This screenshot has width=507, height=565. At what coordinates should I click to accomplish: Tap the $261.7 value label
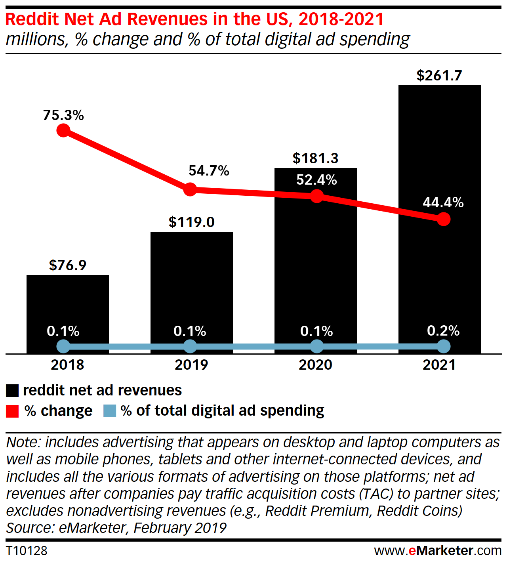(x=439, y=75)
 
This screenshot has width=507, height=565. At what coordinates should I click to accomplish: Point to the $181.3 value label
(x=316, y=158)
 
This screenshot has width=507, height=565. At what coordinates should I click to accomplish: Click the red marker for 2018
(x=63, y=130)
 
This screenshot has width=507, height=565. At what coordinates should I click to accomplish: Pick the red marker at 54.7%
(x=191, y=189)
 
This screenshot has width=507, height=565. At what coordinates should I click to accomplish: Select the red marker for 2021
(x=444, y=219)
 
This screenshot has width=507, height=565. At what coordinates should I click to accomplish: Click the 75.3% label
(x=63, y=115)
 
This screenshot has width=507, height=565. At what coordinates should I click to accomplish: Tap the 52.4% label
(x=316, y=180)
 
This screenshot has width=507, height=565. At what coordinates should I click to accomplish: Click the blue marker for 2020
(x=316, y=347)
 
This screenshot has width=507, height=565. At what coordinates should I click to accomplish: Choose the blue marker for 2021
(x=444, y=347)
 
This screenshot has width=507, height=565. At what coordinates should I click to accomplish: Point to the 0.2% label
(x=443, y=331)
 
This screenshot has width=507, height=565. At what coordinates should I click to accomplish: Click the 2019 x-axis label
(x=191, y=365)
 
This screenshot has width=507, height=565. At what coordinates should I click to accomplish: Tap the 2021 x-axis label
(x=439, y=365)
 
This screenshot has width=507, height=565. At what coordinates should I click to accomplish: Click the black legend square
(x=12, y=391)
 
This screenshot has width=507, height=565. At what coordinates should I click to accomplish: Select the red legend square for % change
(x=12, y=411)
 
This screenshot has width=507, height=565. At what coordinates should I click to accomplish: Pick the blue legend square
(x=110, y=411)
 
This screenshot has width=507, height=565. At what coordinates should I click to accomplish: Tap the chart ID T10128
(x=27, y=551)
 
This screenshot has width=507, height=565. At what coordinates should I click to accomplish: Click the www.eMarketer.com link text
(x=438, y=551)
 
